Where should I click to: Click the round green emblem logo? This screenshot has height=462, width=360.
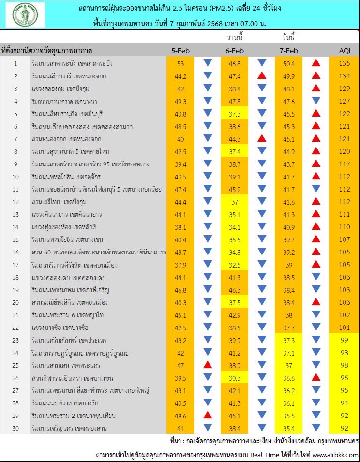[x=25, y=15]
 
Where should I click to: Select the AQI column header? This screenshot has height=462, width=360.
[x=345, y=51]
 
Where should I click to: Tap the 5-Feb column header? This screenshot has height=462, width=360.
[x=180, y=51]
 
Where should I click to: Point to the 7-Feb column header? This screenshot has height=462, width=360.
[x=289, y=51]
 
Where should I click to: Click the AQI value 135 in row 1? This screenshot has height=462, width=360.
[x=345, y=63]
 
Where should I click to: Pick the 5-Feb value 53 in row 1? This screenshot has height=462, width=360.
[x=180, y=64]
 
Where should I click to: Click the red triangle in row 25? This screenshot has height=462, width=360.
[x=208, y=365]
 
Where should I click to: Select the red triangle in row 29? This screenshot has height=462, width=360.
[x=208, y=415]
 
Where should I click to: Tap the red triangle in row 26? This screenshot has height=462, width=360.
[x=316, y=377]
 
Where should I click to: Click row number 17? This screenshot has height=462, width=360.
[x=15, y=265]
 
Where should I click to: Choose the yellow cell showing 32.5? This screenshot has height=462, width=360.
[x=235, y=265]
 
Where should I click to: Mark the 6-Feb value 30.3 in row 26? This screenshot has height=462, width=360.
[x=235, y=378]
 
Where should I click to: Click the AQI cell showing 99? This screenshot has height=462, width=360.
[x=345, y=340]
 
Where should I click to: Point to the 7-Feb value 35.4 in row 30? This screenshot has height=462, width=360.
[x=289, y=429]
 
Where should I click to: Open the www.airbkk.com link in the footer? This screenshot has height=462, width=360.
[x=335, y=455]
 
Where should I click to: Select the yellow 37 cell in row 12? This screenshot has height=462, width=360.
[x=235, y=202]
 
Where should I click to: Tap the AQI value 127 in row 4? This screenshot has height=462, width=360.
[x=345, y=101]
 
